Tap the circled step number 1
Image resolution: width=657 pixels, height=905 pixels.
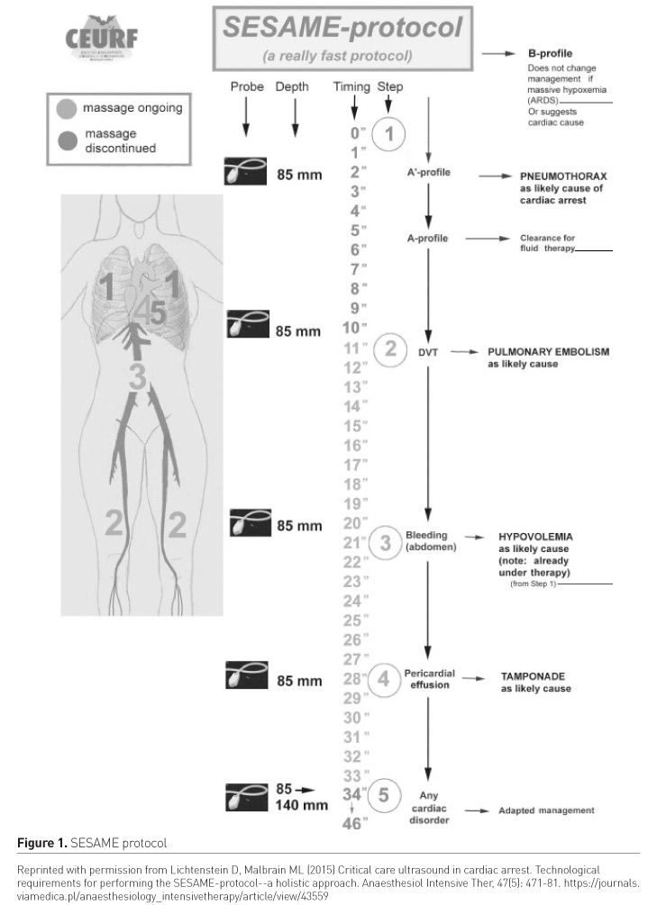tap(390, 135)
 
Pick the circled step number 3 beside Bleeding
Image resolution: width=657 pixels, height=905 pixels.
tap(385, 542)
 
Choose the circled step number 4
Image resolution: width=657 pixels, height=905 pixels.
tap(384, 680)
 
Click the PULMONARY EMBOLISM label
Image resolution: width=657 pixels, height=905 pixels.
tap(548, 352)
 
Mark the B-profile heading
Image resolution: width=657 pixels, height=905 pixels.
tap(551, 54)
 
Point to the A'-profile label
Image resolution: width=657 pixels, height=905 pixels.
tap(429, 172)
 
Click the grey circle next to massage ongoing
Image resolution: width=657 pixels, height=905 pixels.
tap(66, 109)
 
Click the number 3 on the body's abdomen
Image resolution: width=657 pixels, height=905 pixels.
tap(137, 378)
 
